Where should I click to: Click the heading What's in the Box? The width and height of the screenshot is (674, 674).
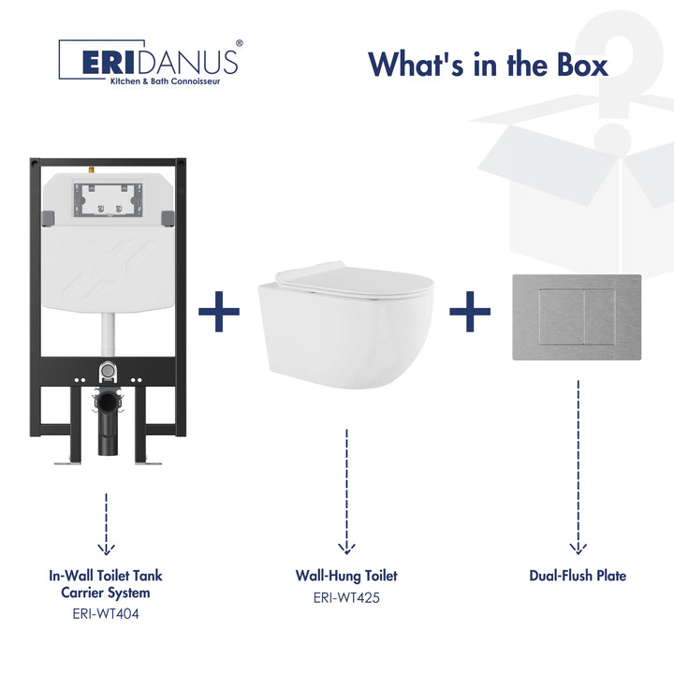coord(488,64)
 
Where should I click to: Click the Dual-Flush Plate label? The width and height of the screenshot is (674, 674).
coord(578,576)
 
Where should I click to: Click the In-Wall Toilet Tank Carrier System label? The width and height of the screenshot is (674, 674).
coord(106,584)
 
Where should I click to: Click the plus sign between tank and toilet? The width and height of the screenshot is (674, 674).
coord(219,311)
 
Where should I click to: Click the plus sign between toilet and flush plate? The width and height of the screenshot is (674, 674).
coord(470,312)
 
